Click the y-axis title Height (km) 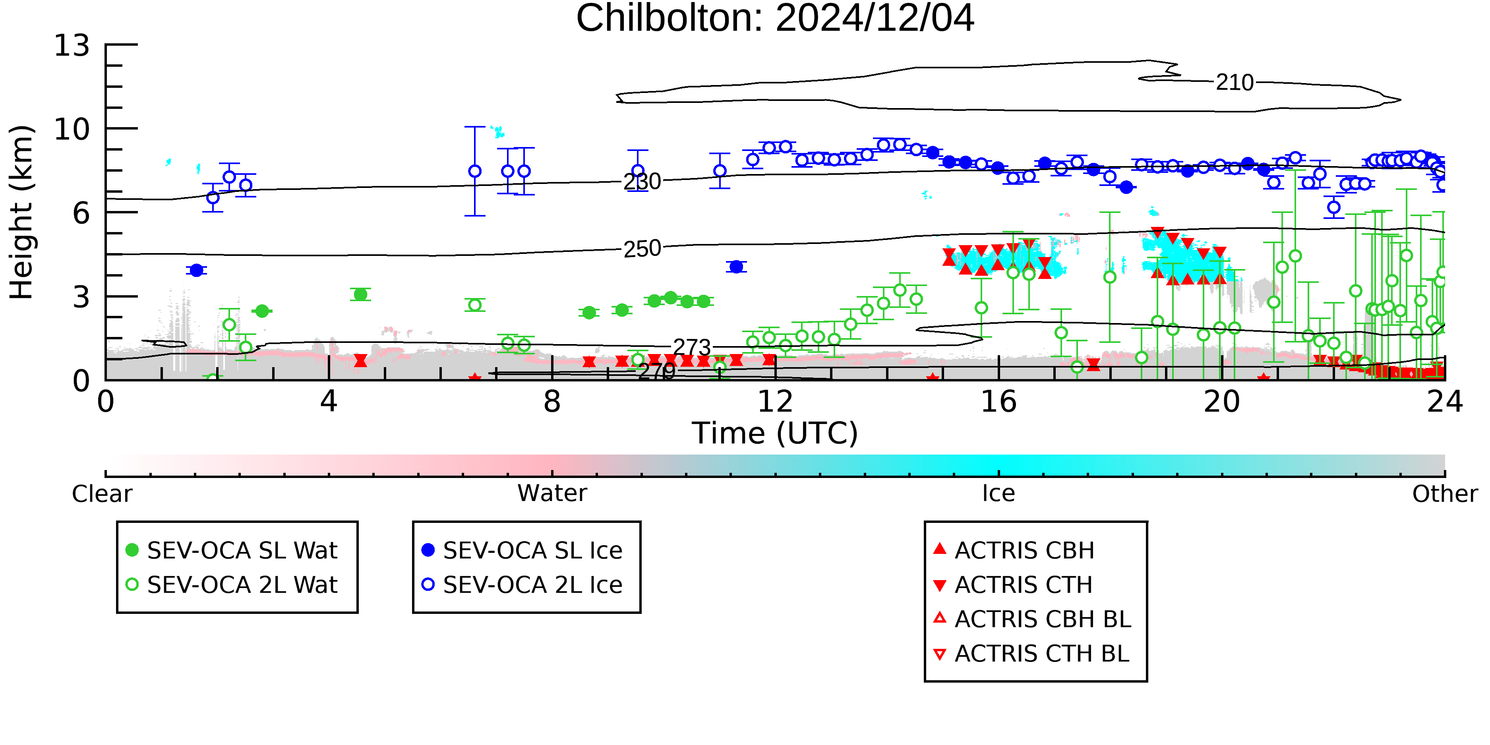click(x=22, y=212)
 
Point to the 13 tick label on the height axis click(x=72, y=45)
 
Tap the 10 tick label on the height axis click(x=72, y=129)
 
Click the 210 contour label click(x=1235, y=83)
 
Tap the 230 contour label click(x=642, y=182)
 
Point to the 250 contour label click(x=642, y=249)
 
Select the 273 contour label click(x=692, y=347)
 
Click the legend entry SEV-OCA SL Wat click(x=231, y=550)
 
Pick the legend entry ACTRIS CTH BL click(x=1031, y=654)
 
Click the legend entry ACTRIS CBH click(x=1014, y=550)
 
